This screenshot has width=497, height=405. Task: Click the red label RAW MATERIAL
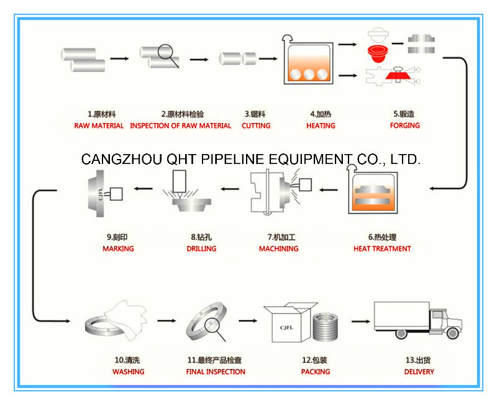click(99, 125)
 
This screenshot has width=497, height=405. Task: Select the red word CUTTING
click(256, 125)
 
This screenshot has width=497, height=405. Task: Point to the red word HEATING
click(321, 125)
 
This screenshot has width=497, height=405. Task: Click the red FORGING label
click(404, 125)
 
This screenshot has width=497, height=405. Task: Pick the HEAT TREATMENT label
click(382, 248)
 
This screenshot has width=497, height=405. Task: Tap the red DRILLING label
click(201, 248)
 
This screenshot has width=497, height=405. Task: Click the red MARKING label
click(118, 248)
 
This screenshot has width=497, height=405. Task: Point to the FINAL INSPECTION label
click(216, 371)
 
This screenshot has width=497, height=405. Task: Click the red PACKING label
click(316, 371)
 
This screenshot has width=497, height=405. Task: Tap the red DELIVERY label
click(419, 371)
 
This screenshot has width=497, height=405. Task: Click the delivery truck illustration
click(417, 319)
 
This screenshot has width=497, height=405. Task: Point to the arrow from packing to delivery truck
click(361, 321)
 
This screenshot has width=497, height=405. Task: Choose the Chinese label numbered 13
click(417, 360)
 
